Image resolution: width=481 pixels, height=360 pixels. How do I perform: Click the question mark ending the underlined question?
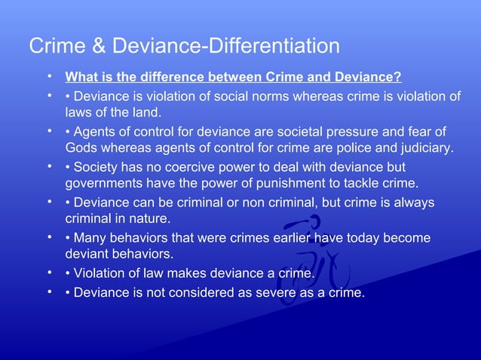point(398,78)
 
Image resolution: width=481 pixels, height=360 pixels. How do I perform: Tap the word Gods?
point(83,148)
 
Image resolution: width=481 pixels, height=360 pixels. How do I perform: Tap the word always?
point(410,203)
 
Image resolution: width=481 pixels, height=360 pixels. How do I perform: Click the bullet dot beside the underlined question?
point(48,77)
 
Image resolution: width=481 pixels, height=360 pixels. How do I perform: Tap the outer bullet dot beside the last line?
point(48,291)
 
